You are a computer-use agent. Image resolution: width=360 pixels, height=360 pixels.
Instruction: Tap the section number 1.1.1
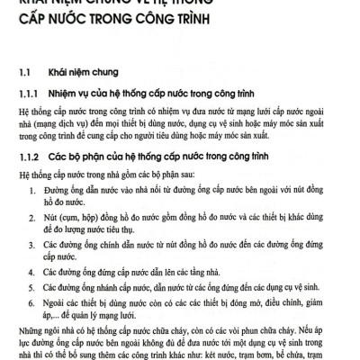click(x=30, y=94)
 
